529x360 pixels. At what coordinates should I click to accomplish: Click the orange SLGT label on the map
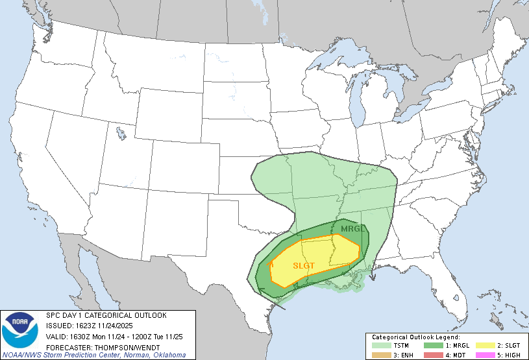coord(304,265)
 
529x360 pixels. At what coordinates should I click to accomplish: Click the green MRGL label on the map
coord(351,228)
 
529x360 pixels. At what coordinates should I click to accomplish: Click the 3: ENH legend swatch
coord(382,355)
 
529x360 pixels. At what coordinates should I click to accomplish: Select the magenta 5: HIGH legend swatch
coord(485,355)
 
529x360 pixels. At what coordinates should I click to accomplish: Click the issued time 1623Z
coord(84,325)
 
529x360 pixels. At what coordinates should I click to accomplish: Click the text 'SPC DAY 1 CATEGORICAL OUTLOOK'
coord(106,315)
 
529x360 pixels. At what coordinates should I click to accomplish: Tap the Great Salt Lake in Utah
coord(121,134)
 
